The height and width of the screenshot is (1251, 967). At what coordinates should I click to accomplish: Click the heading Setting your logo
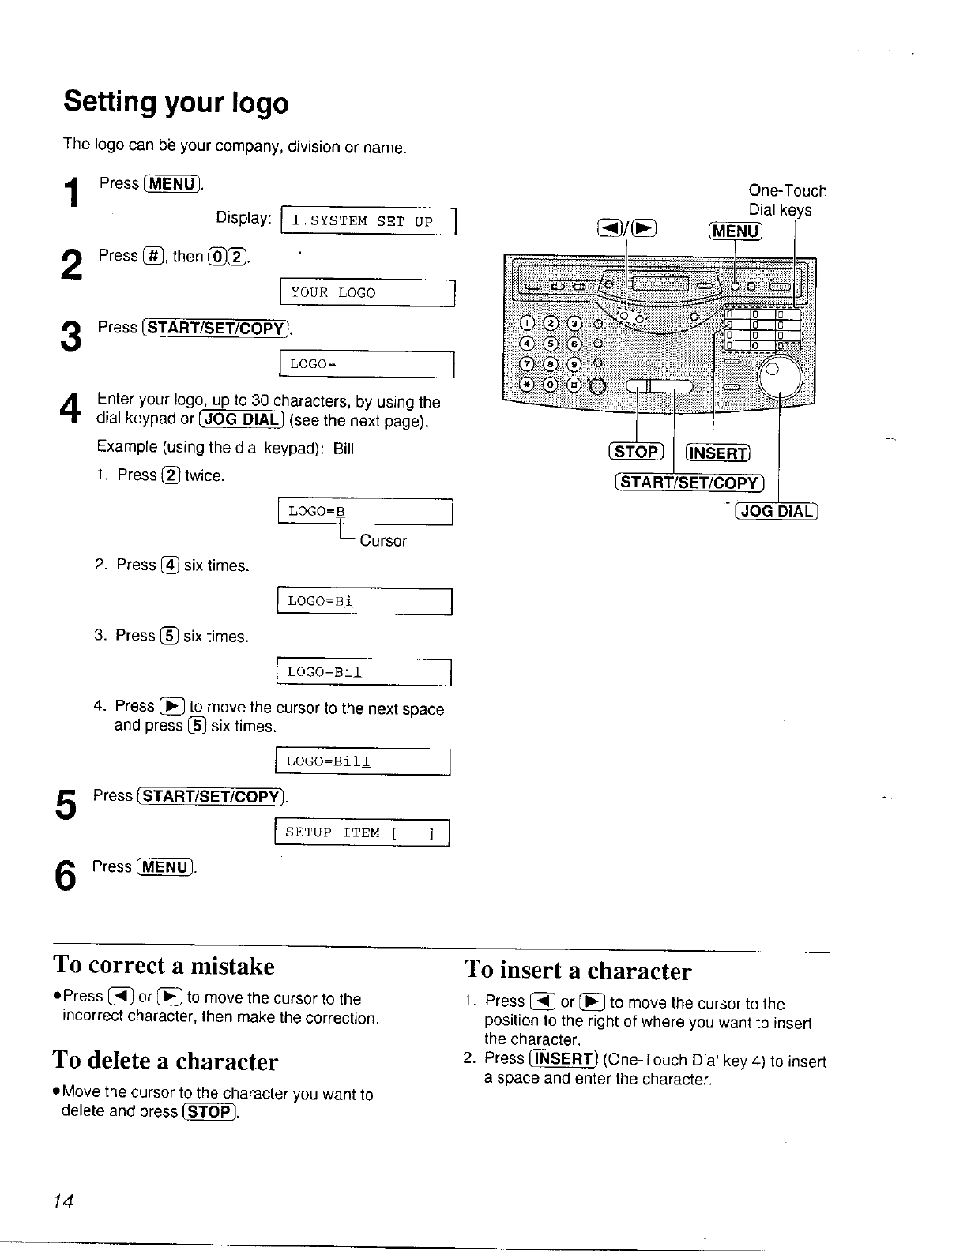point(176,103)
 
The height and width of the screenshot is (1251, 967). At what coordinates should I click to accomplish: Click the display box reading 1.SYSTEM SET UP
point(369,221)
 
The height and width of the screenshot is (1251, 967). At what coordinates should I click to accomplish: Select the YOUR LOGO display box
point(367,293)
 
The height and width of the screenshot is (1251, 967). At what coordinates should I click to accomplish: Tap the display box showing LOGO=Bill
point(362,761)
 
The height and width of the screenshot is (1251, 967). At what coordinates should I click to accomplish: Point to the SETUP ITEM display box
point(361,833)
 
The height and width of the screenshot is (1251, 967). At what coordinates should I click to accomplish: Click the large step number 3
point(70,337)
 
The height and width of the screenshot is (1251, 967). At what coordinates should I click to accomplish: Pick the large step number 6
point(66,876)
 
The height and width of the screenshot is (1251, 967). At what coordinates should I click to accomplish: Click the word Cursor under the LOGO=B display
point(383,541)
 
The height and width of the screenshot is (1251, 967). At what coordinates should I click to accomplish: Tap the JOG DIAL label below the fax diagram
point(776,511)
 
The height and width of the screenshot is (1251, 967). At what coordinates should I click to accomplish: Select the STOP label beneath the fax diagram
point(636,452)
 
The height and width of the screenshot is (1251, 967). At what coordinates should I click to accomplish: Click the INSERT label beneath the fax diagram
point(717,453)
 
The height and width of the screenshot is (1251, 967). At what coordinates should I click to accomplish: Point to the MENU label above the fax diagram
point(736,231)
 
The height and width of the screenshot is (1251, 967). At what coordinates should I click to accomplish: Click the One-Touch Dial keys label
point(787,201)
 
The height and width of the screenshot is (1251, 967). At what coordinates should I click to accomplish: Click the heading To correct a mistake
point(164,966)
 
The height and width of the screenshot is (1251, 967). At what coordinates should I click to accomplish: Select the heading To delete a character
point(165,1061)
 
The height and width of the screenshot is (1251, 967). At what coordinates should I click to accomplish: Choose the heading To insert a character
point(578,971)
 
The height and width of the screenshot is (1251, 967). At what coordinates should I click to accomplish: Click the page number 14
point(63,1201)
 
